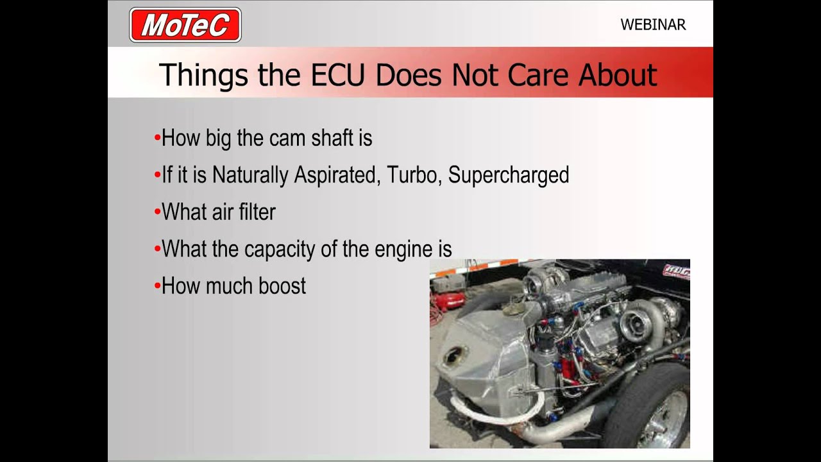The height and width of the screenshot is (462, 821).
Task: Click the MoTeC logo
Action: pyautogui.click(x=185, y=25)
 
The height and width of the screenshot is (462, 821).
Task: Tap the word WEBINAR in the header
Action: pyautogui.click(x=653, y=25)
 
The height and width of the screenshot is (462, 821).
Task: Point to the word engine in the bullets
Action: pyautogui.click(x=404, y=250)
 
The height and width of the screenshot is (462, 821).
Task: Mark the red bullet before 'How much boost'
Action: pyautogui.click(x=157, y=286)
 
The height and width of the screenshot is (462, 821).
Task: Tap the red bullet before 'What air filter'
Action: pyautogui.click(x=157, y=212)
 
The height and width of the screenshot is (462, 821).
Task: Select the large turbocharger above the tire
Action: pyautogui.click(x=641, y=321)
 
